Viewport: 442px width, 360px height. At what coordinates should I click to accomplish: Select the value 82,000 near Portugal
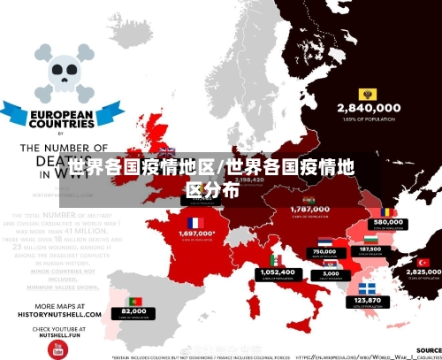pyautogui.click(x=134, y=311)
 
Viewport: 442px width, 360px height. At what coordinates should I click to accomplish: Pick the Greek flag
pyautogui.click(x=367, y=288)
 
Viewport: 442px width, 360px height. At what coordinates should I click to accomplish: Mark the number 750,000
pyautogui.click(x=325, y=251)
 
